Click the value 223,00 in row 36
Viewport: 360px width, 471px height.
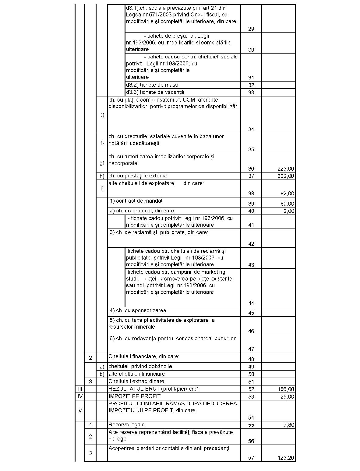coord(286,169)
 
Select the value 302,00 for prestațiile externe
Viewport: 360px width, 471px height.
coord(286,176)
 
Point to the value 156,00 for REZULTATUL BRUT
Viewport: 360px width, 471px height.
coord(286,389)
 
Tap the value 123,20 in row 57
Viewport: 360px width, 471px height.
coord(286,458)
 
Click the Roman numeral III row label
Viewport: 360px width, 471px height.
coord(80,389)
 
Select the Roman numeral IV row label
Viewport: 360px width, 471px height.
coord(80,396)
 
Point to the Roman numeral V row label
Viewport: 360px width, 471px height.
coord(80,411)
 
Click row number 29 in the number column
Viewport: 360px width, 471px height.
coord(251,29)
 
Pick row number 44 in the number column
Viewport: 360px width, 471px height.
coord(251,303)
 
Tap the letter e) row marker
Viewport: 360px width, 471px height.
coord(102,115)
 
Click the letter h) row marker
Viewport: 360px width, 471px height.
coord(102,176)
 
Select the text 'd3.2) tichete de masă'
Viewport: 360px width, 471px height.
coord(152,85)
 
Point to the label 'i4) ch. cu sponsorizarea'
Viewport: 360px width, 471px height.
coord(137,311)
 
